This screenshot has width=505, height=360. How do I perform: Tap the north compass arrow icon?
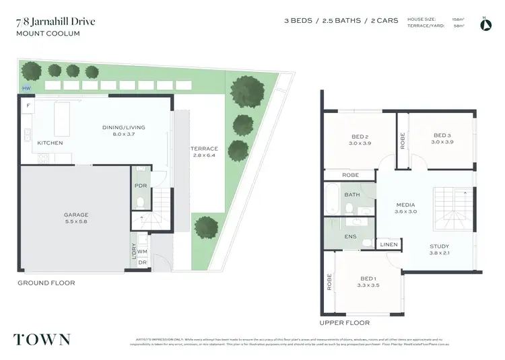tap(484, 25)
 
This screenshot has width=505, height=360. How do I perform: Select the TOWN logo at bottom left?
tap(41, 338)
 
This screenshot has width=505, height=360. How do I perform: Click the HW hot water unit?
tap(26, 88)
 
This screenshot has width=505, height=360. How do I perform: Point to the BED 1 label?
tap(368, 279)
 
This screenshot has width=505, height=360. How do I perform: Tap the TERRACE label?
tap(204, 149)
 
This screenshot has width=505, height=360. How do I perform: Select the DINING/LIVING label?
tap(123, 127)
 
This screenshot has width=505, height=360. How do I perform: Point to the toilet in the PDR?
tap(140, 201)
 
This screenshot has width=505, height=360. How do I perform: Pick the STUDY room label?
tap(439, 246)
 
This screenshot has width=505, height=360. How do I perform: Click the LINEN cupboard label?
tap(388, 244)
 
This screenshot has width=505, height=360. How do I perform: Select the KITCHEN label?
tap(50, 143)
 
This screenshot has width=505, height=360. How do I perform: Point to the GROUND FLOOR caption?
tap(46, 283)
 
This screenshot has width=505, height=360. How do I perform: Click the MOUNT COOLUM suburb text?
tap(47, 33)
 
